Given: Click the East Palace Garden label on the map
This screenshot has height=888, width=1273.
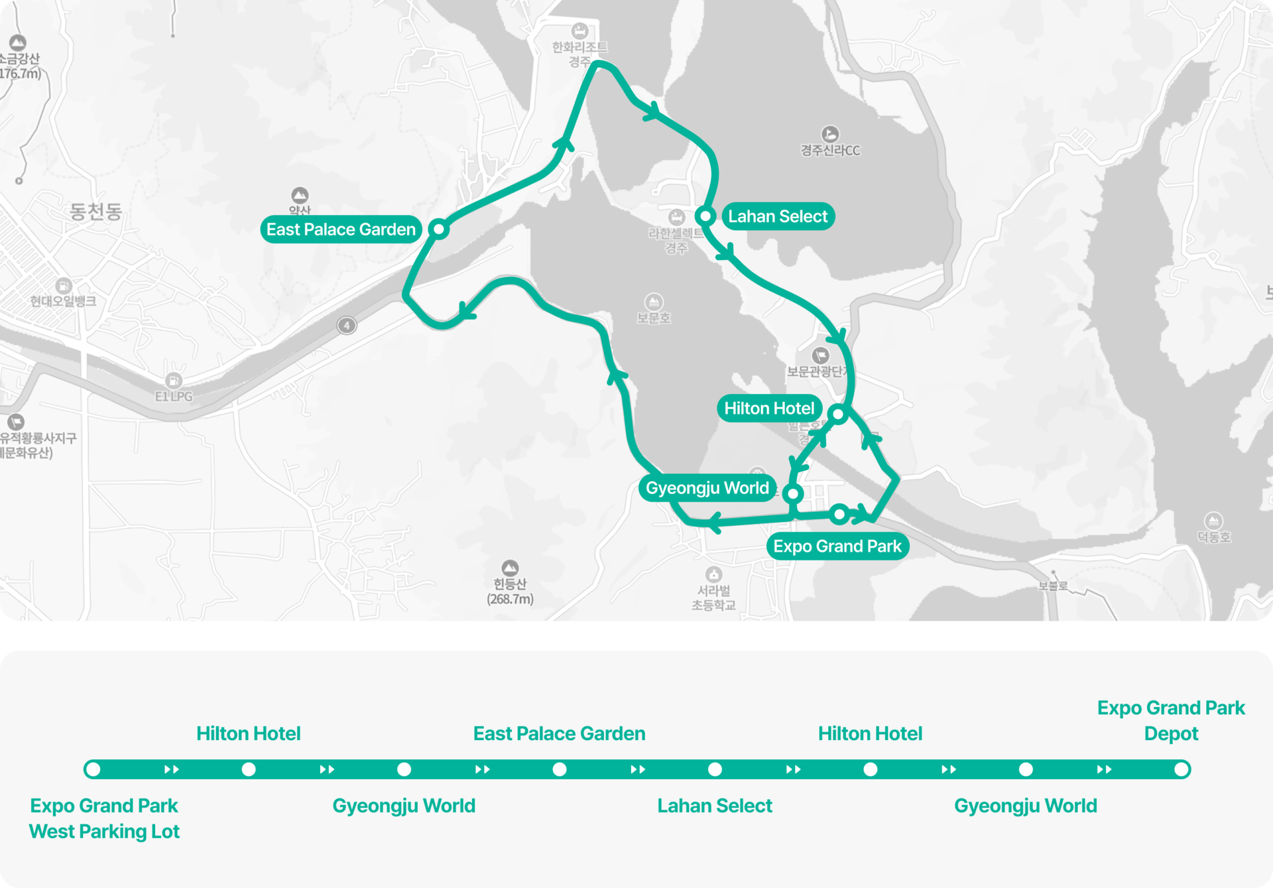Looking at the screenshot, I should pos(341,229).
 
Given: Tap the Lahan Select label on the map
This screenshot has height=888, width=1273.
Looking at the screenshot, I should pos(777,216).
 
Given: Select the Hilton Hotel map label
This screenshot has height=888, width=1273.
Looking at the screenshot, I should pos(768,408).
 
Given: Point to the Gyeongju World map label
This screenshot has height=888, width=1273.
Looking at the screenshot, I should pos(707,488).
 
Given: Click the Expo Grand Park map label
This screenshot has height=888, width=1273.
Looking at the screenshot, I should pos(837,546).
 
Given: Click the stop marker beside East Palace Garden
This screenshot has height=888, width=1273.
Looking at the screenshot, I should pos(438,229).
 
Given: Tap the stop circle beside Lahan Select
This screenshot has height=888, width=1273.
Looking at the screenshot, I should pos(705,216).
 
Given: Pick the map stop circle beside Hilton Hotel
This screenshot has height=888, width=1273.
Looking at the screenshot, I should pos(838,414).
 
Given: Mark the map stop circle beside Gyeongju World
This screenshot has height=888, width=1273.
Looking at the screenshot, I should pos(792,493).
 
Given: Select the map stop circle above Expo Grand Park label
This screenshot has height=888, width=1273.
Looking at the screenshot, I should pos(839,514).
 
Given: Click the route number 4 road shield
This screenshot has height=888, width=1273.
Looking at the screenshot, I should pos(347,326).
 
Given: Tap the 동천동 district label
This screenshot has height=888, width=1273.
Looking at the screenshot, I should pos(96,212).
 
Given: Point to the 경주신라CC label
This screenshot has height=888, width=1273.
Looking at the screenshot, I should pos(830,151).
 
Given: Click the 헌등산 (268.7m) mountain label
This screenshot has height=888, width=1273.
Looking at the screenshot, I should pos(510,591).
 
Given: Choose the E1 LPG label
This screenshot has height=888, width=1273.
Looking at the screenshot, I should pos(174,396).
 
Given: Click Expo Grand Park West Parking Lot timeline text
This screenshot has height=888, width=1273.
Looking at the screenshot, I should pos(104,818).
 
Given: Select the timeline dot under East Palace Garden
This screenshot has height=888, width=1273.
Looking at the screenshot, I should pos(560,769).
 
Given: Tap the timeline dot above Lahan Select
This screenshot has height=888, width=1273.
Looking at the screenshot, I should pos(715,769).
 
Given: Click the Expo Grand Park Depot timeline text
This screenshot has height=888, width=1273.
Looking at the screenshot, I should pos(1171,721).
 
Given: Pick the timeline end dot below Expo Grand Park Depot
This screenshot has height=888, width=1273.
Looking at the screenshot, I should pos(1181,769).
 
